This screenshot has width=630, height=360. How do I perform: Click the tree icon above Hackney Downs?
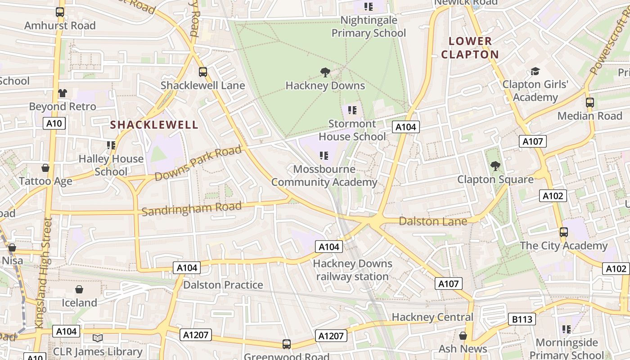tap(325, 72)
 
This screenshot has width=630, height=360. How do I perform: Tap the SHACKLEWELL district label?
tap(154, 125)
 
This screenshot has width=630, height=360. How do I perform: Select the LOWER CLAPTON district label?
tap(470, 48)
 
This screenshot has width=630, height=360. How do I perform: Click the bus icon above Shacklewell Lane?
tap(203, 72)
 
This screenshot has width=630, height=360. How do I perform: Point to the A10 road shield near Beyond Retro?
tap(54, 123)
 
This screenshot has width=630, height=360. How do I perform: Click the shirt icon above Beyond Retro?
tap(63, 93)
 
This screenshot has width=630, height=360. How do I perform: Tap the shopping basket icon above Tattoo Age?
tap(45, 168)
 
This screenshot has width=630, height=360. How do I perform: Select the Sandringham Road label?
tap(192, 208)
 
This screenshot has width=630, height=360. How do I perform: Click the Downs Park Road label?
tap(198, 163)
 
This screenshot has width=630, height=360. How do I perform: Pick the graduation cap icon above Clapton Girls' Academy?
tap(535, 71)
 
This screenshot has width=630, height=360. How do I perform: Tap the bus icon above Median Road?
tap(590, 102)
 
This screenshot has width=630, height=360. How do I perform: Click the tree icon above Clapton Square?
tap(495, 166)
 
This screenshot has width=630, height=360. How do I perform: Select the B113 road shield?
tap(522, 319)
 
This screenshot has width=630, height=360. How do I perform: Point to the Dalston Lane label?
tap(433, 221)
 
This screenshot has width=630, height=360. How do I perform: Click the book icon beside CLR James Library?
tap(98, 338)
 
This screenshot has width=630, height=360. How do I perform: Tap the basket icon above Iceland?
tap(79, 289)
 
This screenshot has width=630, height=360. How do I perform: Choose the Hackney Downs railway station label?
tap(352, 270)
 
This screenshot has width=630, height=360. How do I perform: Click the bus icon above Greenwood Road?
tap(287, 344)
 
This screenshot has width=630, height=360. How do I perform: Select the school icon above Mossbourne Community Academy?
tap(324, 156)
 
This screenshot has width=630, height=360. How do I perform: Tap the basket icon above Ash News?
tap(463, 336)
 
